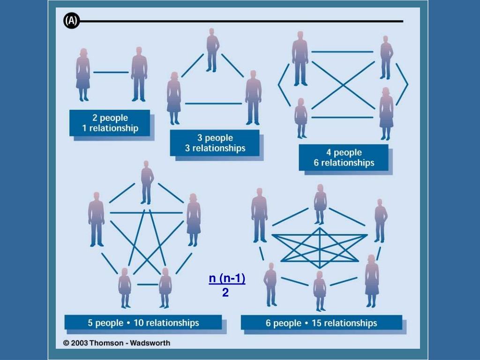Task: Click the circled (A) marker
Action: [x=72, y=21]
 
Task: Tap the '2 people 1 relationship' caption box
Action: [x=110, y=123]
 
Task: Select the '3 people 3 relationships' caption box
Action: [x=215, y=143]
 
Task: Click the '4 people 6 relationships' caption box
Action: [x=344, y=157]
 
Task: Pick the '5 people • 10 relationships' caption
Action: [x=143, y=322]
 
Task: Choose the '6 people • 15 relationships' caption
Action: [x=322, y=323]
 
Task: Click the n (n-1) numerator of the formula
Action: [x=227, y=279]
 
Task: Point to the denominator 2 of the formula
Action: [x=225, y=293]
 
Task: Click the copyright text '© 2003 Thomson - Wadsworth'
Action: [x=117, y=343]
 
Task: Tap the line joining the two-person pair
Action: [x=111, y=72]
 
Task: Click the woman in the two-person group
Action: [x=83, y=74]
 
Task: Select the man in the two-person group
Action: [x=139, y=74]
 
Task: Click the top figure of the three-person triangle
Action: [x=212, y=49]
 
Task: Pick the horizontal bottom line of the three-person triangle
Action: [x=213, y=104]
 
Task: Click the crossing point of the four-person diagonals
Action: [x=343, y=85]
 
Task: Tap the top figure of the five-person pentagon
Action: [x=147, y=182]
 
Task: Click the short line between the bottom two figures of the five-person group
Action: [x=147, y=284]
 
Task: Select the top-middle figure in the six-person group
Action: [x=320, y=204]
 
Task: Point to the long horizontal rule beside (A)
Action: [x=241, y=21]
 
